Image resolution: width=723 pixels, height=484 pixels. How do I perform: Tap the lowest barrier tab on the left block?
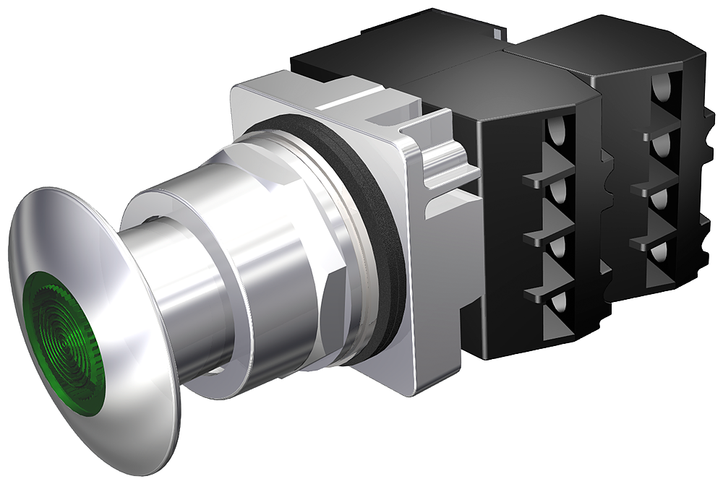546,293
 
